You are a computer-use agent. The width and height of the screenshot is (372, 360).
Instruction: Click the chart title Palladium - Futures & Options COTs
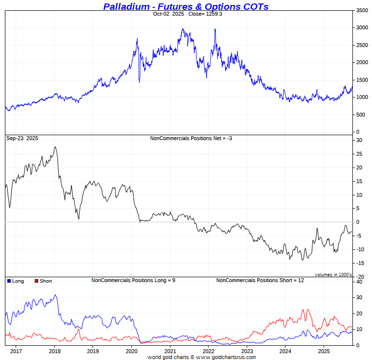[x=186, y=6]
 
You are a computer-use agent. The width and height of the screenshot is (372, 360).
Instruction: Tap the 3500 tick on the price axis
[x=362, y=10]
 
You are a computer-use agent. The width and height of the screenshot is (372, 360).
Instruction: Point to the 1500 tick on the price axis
[x=362, y=80]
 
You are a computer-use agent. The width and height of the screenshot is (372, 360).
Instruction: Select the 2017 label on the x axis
[x=16, y=351]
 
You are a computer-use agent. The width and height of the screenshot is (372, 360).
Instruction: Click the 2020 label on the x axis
[x=132, y=351]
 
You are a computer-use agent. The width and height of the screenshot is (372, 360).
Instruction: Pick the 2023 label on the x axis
[x=247, y=351]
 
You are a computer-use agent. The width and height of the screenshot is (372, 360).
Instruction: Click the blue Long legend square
[x=9, y=281]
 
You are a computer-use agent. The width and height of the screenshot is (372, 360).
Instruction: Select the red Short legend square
[x=36, y=281]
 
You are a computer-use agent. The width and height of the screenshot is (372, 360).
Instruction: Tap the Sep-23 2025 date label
[x=22, y=139]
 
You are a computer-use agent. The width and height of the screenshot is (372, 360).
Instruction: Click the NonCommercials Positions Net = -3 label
[x=191, y=139]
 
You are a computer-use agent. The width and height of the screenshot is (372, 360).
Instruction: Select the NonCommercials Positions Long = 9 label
[x=133, y=281]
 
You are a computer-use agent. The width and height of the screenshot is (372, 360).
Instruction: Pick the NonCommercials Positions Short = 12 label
[x=260, y=281]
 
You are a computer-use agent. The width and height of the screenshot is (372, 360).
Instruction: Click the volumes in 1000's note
[x=333, y=275]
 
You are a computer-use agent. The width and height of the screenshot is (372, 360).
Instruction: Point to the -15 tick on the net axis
[x=360, y=263]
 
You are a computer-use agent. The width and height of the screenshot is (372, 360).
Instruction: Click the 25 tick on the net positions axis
[x=359, y=154]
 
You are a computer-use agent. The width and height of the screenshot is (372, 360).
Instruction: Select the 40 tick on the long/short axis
[x=359, y=282]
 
